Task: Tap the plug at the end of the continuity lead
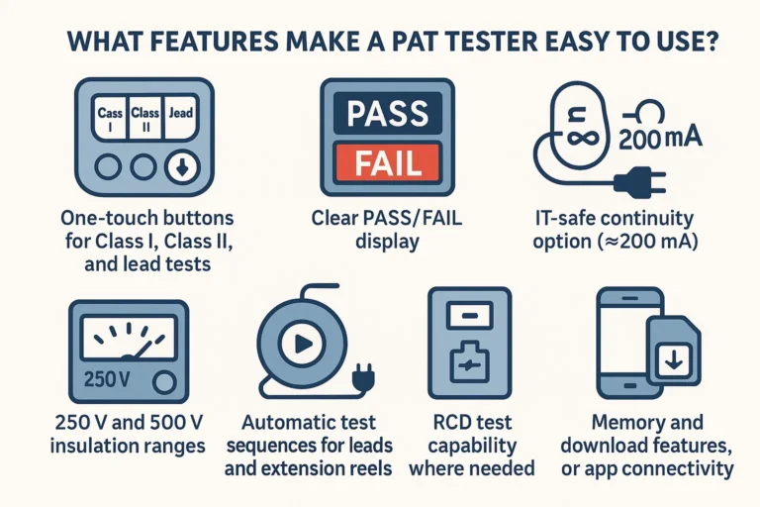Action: click(x=629, y=181)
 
